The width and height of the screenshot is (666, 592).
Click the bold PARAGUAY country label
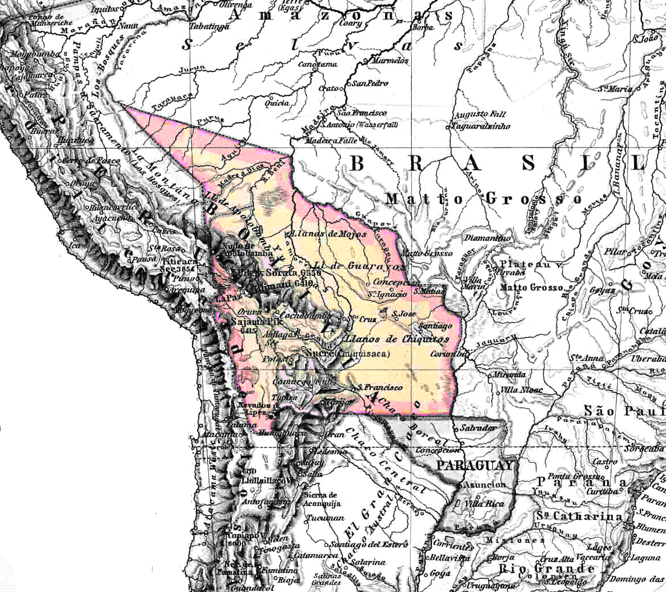pos(475,466)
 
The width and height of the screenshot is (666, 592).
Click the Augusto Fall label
pos(474,114)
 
